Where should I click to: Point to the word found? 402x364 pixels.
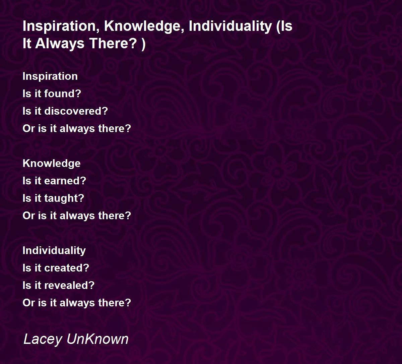(x=63, y=94)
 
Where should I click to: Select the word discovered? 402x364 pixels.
(x=76, y=111)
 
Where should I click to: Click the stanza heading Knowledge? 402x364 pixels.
(x=52, y=164)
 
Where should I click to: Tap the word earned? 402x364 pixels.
(x=65, y=181)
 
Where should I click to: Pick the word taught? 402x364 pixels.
(x=64, y=198)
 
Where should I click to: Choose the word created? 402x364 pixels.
(x=67, y=268)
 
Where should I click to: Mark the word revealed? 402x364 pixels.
(x=69, y=285)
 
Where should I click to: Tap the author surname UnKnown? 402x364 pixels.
(x=97, y=339)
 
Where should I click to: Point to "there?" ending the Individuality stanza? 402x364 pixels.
(x=115, y=303)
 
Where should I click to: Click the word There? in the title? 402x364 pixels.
(x=113, y=44)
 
